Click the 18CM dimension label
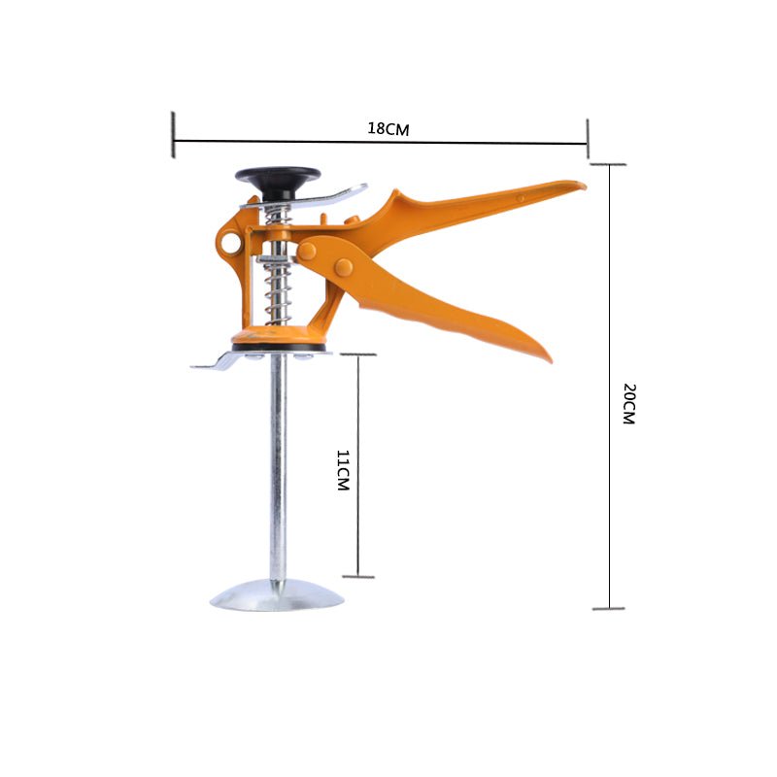click(x=388, y=128)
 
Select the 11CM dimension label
click(x=342, y=469)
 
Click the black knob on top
click(x=277, y=178)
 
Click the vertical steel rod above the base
click(x=278, y=466)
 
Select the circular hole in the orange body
click(x=230, y=242)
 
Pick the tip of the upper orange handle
click(x=580, y=185)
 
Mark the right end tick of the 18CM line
click(x=588, y=137)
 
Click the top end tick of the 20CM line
click(x=609, y=164)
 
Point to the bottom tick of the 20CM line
click(x=609, y=609)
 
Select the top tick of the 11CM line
click(x=358, y=355)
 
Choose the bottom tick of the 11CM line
click(x=358, y=577)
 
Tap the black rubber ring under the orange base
click(x=279, y=347)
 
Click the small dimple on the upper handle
click(x=521, y=198)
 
